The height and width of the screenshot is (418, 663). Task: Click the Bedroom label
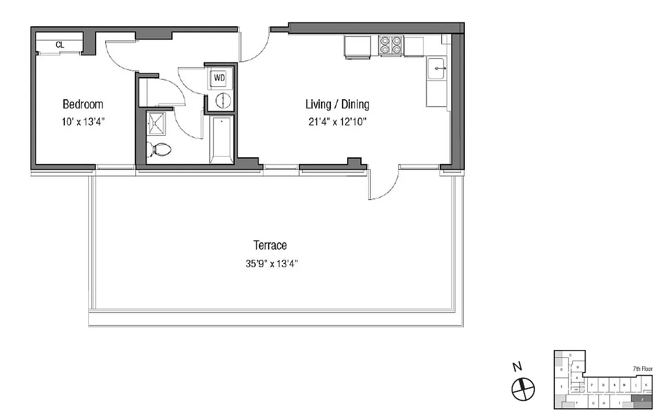pyautogui.click(x=83, y=104)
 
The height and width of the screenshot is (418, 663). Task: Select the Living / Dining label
pyautogui.click(x=337, y=104)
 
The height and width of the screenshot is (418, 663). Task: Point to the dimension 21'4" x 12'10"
pyautogui.click(x=337, y=122)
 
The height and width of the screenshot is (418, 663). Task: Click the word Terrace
pyautogui.click(x=270, y=245)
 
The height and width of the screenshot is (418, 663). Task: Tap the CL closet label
pyautogui.click(x=60, y=45)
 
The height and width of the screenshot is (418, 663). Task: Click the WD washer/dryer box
pyautogui.click(x=220, y=78)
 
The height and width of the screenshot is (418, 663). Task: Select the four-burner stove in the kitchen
pyautogui.click(x=391, y=45)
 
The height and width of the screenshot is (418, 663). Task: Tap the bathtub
pyautogui.click(x=222, y=140)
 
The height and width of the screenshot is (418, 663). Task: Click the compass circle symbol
pyautogui.click(x=523, y=388)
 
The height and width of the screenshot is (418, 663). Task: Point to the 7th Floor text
pyautogui.click(x=643, y=369)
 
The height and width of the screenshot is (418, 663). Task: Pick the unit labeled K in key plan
pyautogui.click(x=646, y=386)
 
